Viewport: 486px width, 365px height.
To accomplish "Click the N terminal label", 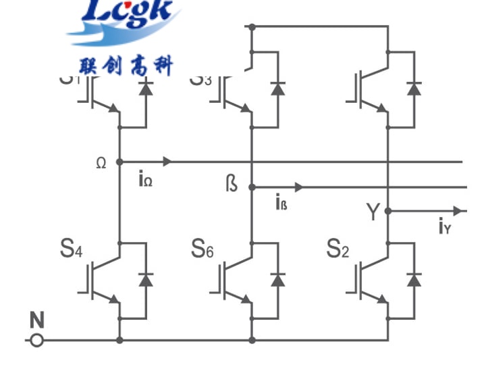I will (x=36, y=319).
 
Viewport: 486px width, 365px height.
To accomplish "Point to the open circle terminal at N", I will (x=37, y=339).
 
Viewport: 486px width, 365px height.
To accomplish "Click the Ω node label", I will (x=101, y=163).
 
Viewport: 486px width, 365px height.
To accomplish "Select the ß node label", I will (x=232, y=182).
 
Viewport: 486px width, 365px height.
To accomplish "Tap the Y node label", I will (x=373, y=212).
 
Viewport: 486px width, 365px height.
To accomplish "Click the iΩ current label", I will (x=145, y=180).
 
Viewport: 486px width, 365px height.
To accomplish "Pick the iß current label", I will (x=281, y=201).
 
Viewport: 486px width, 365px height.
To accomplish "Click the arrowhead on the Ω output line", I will (x=167, y=162).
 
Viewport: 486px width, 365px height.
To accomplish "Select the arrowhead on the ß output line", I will (x=299, y=187).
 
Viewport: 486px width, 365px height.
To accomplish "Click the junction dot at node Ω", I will (x=119, y=162).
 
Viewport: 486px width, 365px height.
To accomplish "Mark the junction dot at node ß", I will (x=251, y=187).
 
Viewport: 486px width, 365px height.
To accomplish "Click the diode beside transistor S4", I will (x=145, y=278).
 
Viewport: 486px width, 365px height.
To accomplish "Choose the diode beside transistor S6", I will (x=277, y=278).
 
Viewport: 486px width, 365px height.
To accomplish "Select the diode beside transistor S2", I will (x=414, y=278).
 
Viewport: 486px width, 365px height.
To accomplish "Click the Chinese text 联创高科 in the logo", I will (x=126, y=67).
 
